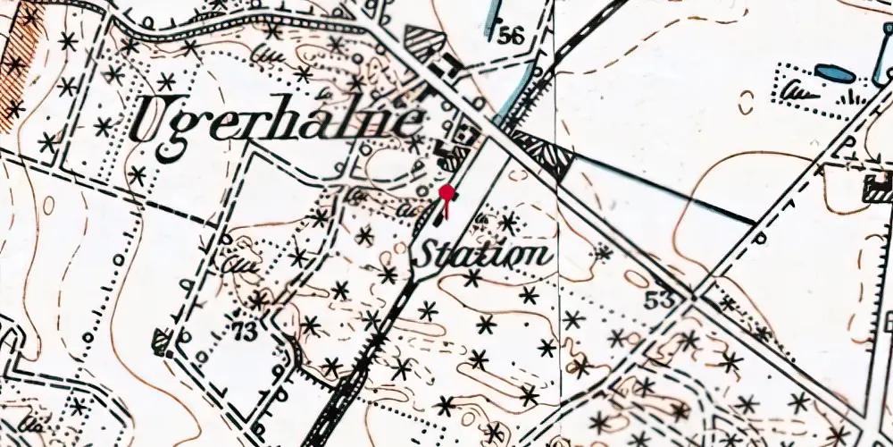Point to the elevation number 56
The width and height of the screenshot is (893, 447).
point(511,37)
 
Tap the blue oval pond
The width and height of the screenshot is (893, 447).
point(834,72)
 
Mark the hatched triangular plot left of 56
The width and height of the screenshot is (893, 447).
point(422,40)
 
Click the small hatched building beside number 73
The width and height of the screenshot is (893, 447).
point(161,340)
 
